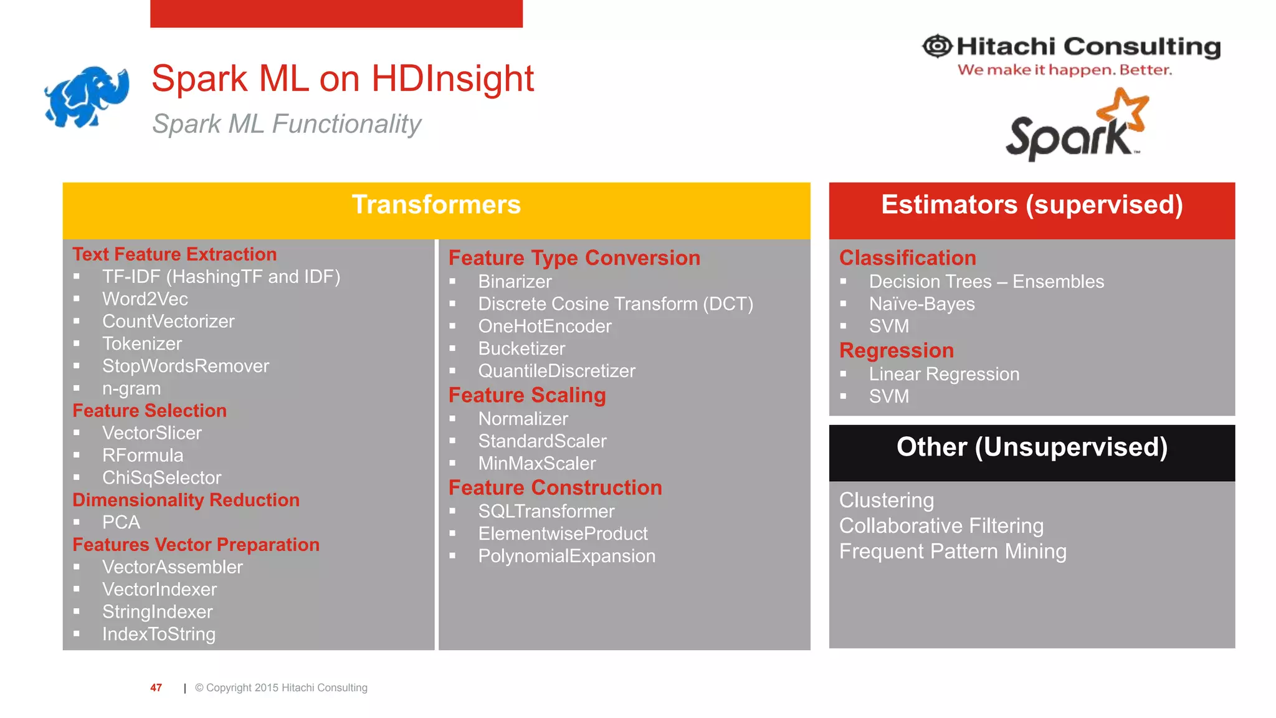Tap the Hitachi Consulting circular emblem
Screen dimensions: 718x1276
[937, 46]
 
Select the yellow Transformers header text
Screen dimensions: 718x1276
[436, 205]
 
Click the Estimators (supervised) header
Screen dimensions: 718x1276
[1032, 205]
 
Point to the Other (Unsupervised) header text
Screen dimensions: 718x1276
[1032, 448]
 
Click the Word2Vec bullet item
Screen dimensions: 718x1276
[145, 299]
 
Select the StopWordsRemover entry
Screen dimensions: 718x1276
[186, 366]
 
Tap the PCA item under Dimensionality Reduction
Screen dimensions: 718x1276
[121, 522]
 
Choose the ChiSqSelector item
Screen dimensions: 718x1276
[162, 477]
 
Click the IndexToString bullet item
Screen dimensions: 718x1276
[159, 634]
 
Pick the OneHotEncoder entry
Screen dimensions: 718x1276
[545, 326]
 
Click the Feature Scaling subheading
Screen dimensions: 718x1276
[527, 395]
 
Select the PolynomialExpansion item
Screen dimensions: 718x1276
[566, 556]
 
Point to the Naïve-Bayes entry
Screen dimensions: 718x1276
[921, 304]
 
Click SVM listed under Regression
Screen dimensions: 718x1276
[888, 396]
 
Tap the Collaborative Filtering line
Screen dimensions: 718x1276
[941, 526]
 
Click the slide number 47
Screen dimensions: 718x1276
[156, 687]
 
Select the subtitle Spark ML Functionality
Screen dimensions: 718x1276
[287, 123]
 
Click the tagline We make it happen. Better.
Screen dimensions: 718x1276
[1064, 70]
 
